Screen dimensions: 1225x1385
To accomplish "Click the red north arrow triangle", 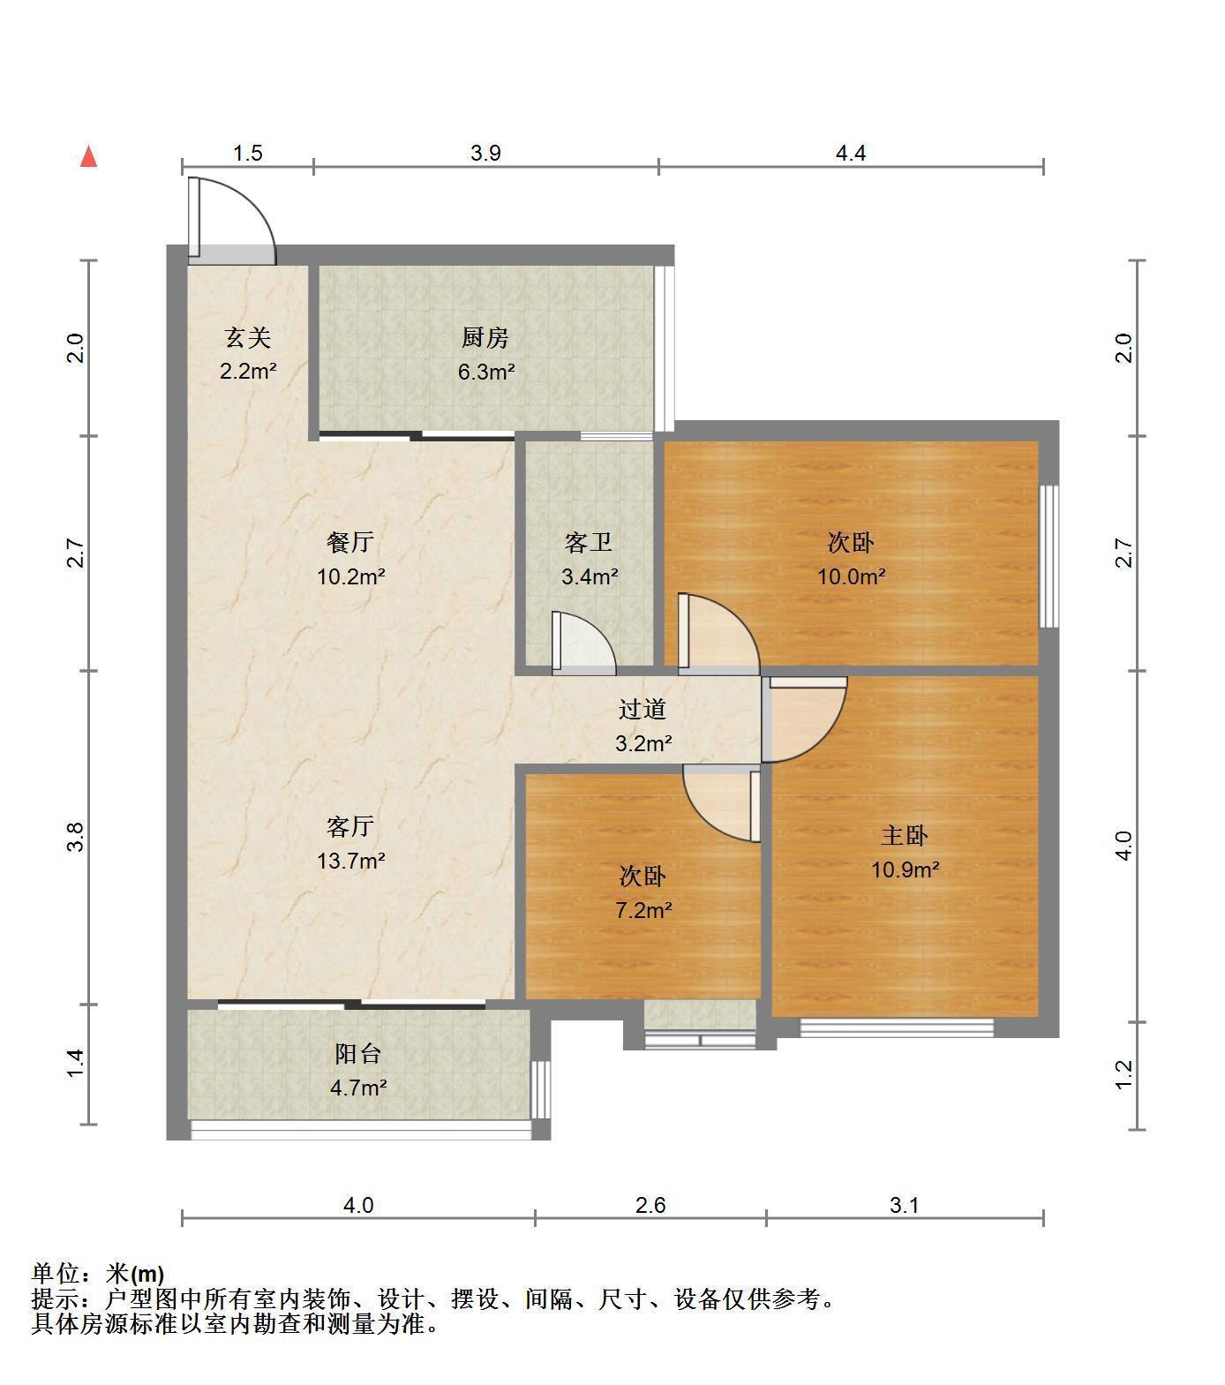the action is pyautogui.click(x=88, y=157).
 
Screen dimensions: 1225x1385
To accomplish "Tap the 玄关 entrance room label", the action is pyautogui.click(x=247, y=337).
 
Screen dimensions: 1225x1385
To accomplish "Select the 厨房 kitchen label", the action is pyautogui.click(x=485, y=337).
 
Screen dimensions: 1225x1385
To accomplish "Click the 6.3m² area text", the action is pyautogui.click(x=485, y=372).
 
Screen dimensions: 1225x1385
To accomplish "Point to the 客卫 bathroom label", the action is pyautogui.click(x=589, y=542).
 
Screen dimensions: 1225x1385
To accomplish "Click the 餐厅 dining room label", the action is pyautogui.click(x=350, y=542).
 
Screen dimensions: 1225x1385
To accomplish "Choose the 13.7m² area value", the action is pyautogui.click(x=350, y=860).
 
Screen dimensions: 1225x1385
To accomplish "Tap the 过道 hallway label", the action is pyautogui.click(x=643, y=709).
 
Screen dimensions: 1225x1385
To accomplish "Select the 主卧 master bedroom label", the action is pyautogui.click(x=905, y=835).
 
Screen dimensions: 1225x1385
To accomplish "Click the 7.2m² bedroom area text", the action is pyautogui.click(x=643, y=909).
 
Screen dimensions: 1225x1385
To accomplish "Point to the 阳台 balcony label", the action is pyautogui.click(x=358, y=1053).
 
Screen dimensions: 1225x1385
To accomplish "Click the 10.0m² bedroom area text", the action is pyautogui.click(x=851, y=576).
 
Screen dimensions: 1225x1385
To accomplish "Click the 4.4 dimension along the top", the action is pyautogui.click(x=851, y=153).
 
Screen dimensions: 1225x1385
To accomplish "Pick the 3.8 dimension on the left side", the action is pyautogui.click(x=76, y=837).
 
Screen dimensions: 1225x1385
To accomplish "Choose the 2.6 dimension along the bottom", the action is pyautogui.click(x=650, y=1205).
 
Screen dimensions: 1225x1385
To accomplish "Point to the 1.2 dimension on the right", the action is pyautogui.click(x=1124, y=1074).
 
